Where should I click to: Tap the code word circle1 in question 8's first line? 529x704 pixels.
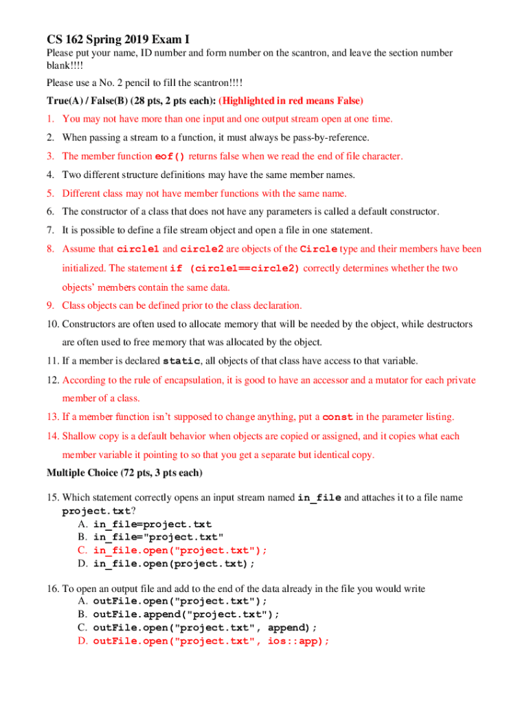pyautogui.click(x=139, y=249)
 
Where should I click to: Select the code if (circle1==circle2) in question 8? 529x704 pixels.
pyautogui.click(x=235, y=269)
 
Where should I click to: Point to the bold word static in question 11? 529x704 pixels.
pyautogui.click(x=181, y=362)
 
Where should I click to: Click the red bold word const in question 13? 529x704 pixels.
pyautogui.click(x=338, y=417)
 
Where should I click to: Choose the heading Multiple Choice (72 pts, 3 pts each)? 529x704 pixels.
pyautogui.click(x=124, y=473)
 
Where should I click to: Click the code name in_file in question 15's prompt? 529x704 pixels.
pyautogui.click(x=319, y=498)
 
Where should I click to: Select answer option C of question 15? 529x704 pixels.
pyautogui.click(x=180, y=550)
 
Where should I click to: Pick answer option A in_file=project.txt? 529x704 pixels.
pyautogui.click(x=153, y=525)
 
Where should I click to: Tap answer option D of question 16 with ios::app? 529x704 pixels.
pyautogui.click(x=211, y=641)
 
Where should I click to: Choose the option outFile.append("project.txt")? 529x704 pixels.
pyautogui.click(x=186, y=614)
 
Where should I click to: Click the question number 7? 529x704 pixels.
pyautogui.click(x=51, y=230)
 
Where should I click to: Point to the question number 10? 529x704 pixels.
pyautogui.click(x=53, y=324)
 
